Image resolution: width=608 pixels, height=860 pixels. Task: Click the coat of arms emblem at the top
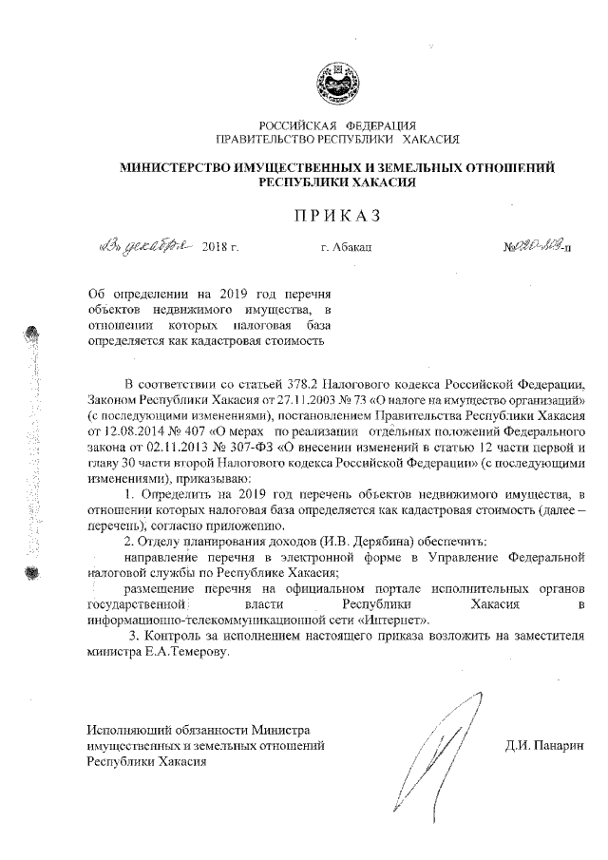pos(337,80)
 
